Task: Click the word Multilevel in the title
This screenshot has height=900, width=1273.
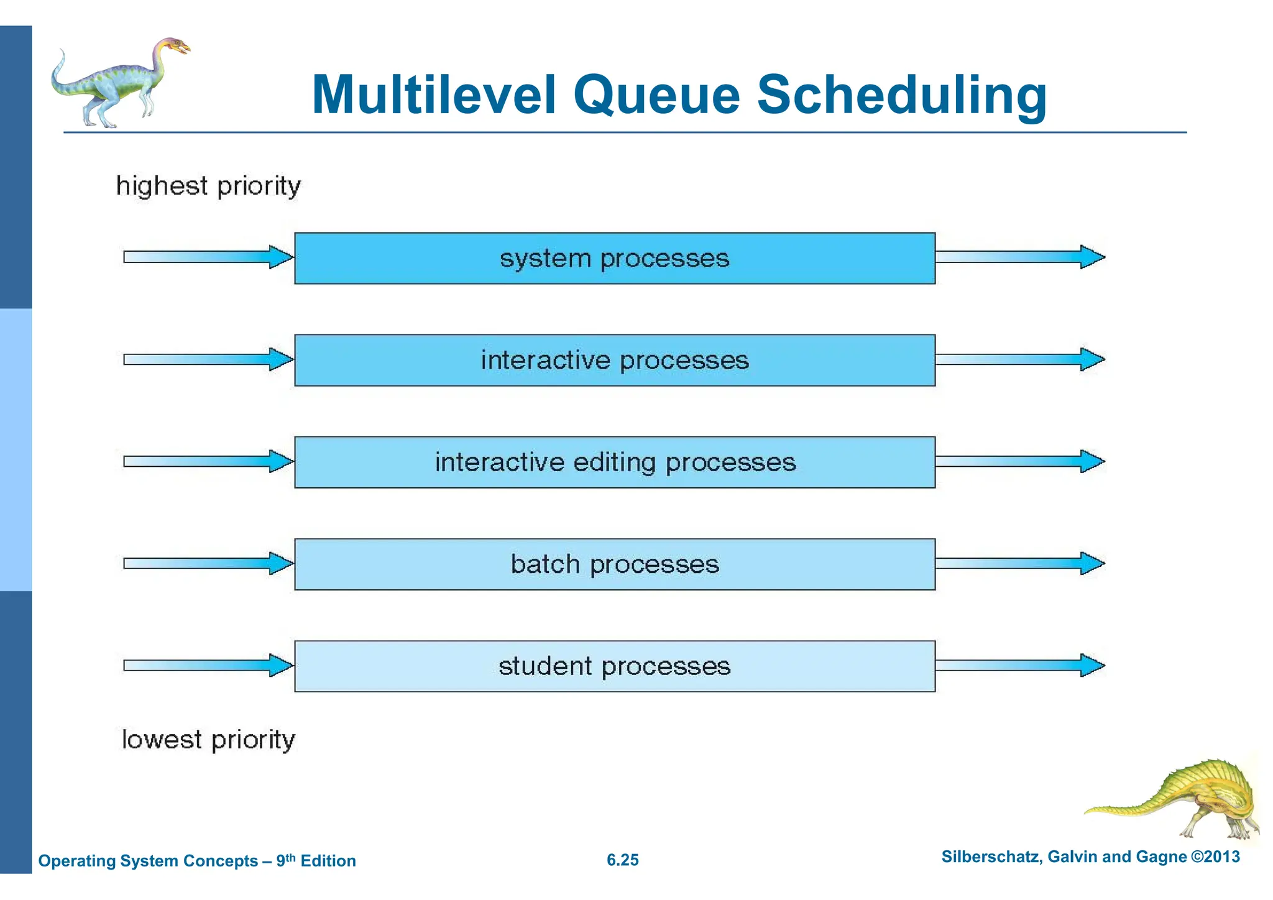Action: (433, 95)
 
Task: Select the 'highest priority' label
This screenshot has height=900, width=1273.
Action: (208, 186)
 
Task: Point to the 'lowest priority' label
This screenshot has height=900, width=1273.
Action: (208, 740)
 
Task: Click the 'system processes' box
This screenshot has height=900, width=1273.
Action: (614, 259)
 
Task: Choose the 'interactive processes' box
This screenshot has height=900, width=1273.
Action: (614, 360)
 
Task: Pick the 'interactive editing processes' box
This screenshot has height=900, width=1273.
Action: (614, 462)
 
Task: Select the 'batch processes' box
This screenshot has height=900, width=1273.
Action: (614, 564)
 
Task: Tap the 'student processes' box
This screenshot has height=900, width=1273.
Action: (614, 666)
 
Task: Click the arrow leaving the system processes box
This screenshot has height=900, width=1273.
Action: (1019, 257)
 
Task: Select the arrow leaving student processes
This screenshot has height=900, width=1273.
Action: (1019, 665)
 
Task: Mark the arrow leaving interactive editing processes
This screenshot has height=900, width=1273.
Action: (1019, 461)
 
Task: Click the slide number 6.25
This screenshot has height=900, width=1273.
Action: (622, 860)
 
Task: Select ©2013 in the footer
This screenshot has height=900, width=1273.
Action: (1215, 857)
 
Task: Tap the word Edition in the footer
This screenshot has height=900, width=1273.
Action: (328, 861)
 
